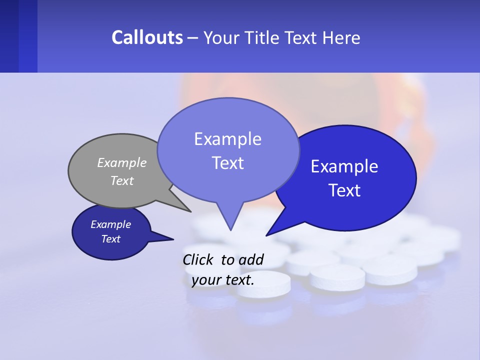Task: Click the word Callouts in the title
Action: [147, 37]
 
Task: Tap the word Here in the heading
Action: [341, 37]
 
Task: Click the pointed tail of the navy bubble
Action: [172, 239]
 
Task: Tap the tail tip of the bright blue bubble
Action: [267, 235]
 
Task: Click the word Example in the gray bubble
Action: [122, 163]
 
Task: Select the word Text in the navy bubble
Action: [110, 239]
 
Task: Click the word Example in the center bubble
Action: [227, 139]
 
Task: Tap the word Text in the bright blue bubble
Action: [345, 190]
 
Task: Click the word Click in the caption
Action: [199, 259]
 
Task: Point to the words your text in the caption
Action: [223, 280]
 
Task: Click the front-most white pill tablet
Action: [263, 284]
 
